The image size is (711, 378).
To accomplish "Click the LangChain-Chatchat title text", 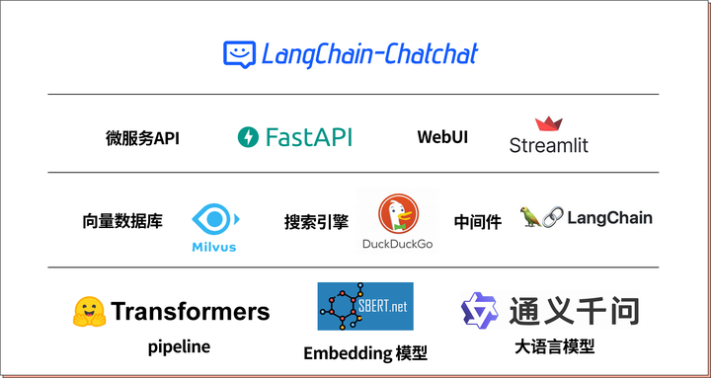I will click(369, 53).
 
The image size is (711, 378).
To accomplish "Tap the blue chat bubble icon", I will click(239, 54).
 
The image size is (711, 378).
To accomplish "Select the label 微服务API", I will click(142, 138).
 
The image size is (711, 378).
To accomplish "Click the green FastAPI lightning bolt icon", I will click(248, 137).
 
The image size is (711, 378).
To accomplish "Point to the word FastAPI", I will click(308, 137).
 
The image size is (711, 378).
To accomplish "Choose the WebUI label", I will click(442, 137).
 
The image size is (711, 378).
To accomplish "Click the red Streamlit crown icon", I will click(548, 124).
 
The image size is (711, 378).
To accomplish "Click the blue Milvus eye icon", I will click(214, 219).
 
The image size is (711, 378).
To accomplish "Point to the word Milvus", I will click(214, 247).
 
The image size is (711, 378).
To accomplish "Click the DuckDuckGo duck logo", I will click(398, 214).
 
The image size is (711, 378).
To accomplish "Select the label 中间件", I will click(478, 222).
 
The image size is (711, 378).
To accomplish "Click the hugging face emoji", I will click(89, 312).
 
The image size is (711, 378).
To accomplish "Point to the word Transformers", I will click(190, 312).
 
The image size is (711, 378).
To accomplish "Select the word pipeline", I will click(179, 346).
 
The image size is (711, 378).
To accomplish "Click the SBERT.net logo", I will click(364, 306).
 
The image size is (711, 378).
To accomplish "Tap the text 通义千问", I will click(574, 311).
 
